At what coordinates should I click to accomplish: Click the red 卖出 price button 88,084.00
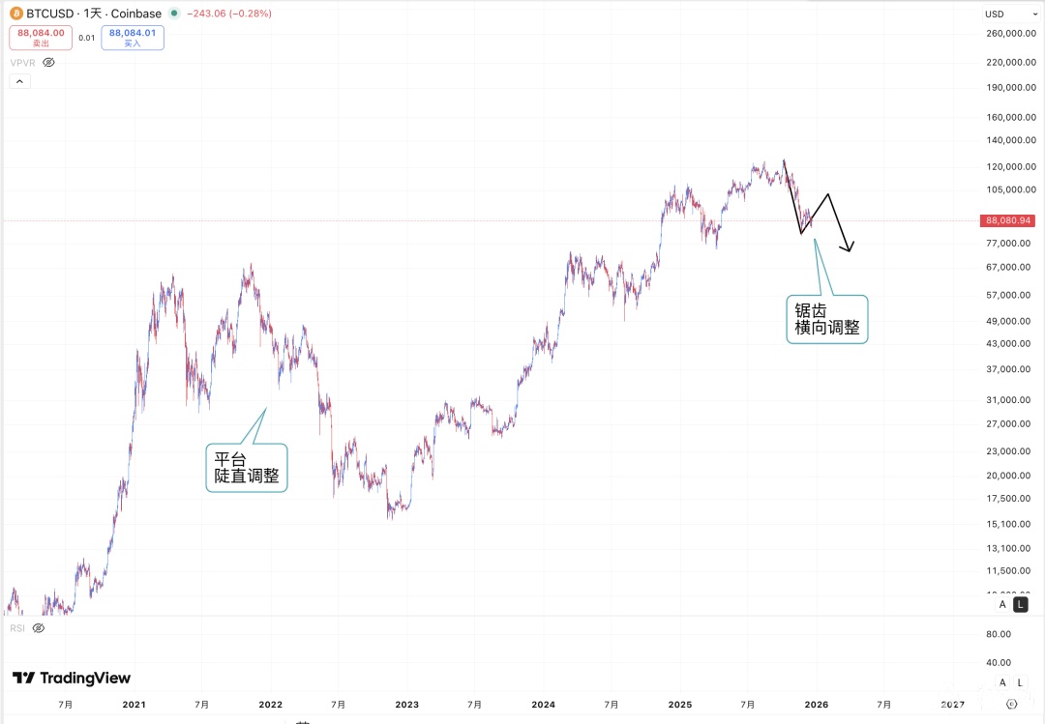click(x=41, y=38)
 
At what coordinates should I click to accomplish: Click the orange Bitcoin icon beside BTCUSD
click(x=15, y=14)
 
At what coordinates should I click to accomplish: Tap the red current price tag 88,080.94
click(x=1009, y=220)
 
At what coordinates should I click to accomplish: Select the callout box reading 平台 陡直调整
click(x=247, y=467)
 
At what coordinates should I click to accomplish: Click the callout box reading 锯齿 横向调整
click(x=827, y=319)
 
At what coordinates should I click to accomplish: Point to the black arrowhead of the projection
click(x=850, y=249)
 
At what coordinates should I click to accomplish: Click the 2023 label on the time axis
click(x=406, y=705)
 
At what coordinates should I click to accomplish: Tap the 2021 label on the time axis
click(x=134, y=705)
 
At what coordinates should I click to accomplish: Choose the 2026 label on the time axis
click(x=816, y=705)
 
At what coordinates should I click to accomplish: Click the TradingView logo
click(x=72, y=679)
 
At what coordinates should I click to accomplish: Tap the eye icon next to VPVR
click(x=48, y=62)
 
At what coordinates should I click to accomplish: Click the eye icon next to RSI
click(x=39, y=628)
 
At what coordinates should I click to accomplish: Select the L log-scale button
click(x=1020, y=604)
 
